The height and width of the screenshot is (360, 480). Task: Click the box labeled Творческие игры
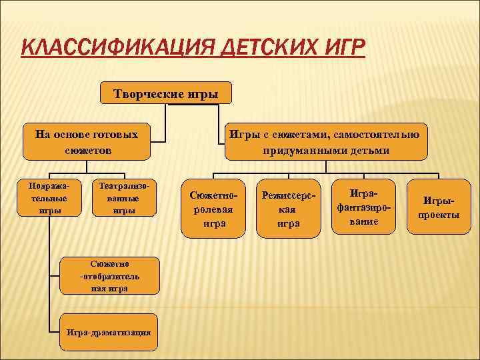[x=166, y=93]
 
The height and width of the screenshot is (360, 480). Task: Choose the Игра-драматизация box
[x=109, y=332]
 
